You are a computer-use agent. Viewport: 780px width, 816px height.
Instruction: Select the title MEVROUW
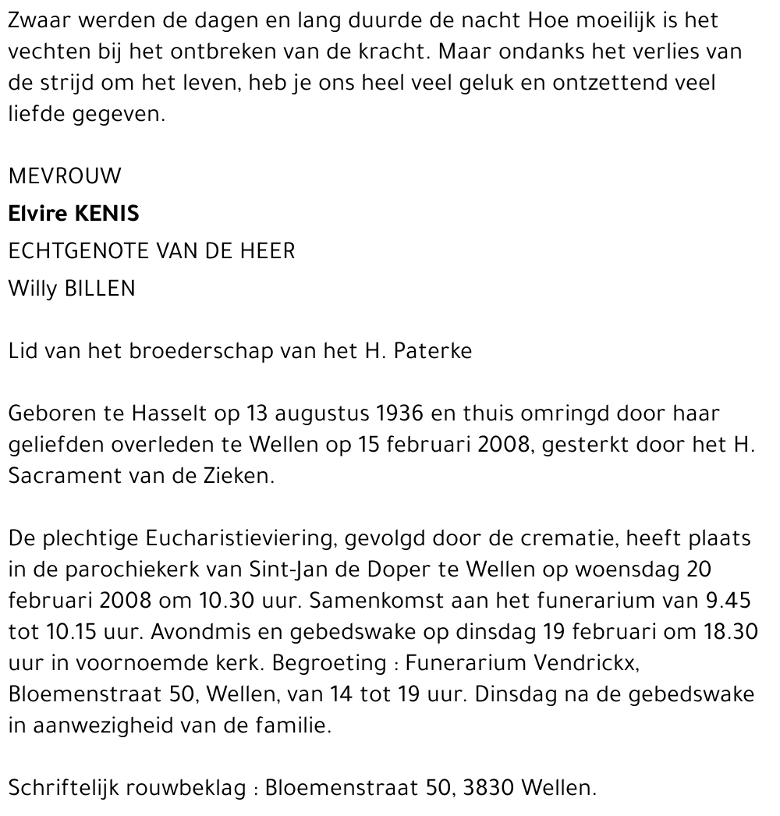coord(65,176)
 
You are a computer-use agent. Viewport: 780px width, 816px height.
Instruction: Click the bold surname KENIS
coord(101,214)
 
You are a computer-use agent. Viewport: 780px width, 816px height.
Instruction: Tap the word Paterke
coord(433,351)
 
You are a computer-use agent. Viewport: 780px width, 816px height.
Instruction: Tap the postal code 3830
coord(488,788)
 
